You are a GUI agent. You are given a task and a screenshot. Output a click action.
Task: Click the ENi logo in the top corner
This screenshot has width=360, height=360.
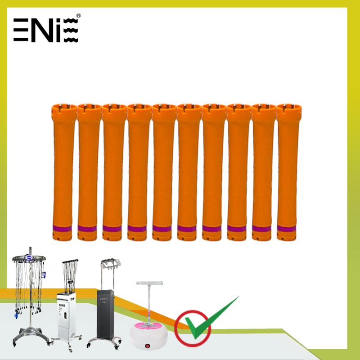(46, 30)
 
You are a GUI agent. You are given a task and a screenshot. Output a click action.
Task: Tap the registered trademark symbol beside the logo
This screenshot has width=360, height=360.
(78, 16)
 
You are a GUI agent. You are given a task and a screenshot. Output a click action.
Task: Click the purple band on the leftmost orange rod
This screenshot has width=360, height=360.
(62, 229)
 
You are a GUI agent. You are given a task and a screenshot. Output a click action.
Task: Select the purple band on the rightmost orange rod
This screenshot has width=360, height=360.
(286, 229)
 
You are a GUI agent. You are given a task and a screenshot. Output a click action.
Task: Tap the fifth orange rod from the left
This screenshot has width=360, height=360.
(163, 172)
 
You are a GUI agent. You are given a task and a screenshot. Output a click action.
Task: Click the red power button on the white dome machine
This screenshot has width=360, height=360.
(147, 346)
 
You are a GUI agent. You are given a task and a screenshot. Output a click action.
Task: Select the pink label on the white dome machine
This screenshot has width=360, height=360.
(148, 325)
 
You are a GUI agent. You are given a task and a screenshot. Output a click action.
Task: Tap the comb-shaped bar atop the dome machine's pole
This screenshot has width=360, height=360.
(149, 283)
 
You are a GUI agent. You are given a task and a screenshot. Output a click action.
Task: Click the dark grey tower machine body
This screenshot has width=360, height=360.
(105, 314)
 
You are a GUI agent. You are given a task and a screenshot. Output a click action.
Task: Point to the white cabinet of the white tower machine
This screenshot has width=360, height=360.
(66, 316)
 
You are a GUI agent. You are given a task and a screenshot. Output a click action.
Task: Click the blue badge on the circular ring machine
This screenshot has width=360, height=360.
(29, 257)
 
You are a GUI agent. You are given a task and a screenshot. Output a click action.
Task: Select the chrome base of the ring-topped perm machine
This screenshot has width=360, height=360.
(31, 335)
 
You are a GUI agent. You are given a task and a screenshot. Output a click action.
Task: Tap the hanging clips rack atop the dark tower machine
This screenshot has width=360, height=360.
(110, 264)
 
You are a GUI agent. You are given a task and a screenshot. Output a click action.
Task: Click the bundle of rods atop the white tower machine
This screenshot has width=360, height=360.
(70, 275)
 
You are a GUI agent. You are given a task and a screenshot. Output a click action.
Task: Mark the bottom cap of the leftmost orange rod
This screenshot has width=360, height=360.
(62, 236)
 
